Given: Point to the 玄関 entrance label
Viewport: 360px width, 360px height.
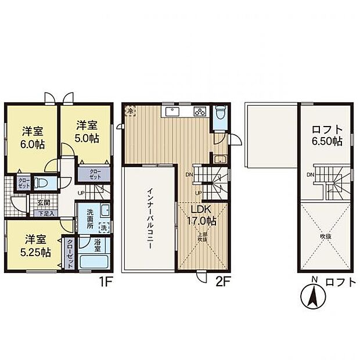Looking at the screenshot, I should tap(44, 203).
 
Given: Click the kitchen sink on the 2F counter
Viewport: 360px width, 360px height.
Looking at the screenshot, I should tap(173, 111).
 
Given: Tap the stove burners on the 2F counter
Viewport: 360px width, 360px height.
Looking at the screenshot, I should tap(200, 112).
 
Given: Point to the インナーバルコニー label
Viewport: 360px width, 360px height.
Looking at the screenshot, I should tap(149, 218).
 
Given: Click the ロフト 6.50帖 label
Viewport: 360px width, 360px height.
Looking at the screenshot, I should tap(327, 135).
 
